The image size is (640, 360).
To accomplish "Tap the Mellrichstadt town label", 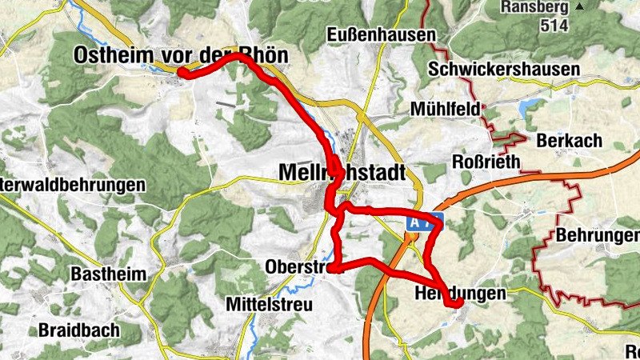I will pos(342,172).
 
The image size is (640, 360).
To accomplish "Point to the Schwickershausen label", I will pos(503,70).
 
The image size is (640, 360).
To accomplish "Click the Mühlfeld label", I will pos(445,108).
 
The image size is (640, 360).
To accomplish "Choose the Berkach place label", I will pos(570,140).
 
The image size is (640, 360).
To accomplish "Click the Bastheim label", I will pos(109,274).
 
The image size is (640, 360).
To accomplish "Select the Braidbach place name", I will pos(78,330).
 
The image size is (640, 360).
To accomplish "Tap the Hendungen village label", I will pos(461,294).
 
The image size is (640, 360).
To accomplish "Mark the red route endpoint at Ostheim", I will pos(182,73).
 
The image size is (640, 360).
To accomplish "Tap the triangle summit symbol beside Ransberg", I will pos(601,7).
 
